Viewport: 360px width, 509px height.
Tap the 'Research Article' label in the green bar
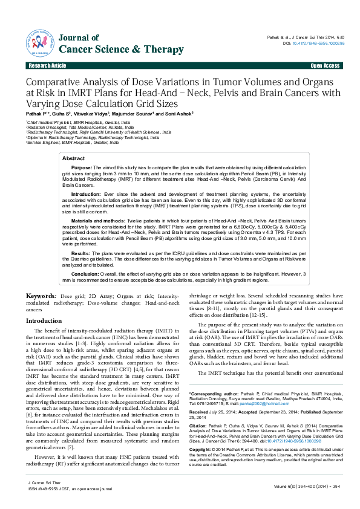tap(47, 65)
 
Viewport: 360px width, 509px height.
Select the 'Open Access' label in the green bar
tap(325, 65)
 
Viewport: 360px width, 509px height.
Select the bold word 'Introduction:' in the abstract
tap(87, 193)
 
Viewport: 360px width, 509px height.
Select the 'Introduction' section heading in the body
tap(47, 320)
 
